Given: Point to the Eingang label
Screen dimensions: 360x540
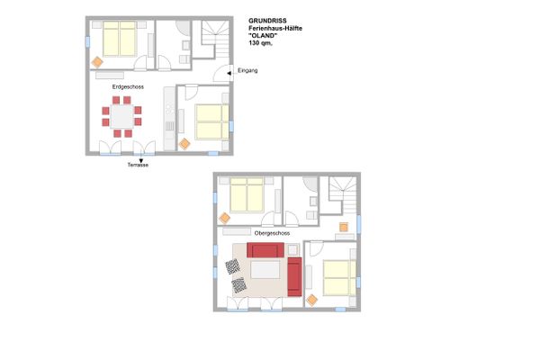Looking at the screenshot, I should (247, 71).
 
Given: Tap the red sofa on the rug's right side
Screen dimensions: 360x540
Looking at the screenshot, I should (294, 277).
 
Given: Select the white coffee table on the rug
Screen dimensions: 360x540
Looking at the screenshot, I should (265, 270).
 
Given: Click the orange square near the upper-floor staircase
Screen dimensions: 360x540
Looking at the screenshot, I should (343, 226).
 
